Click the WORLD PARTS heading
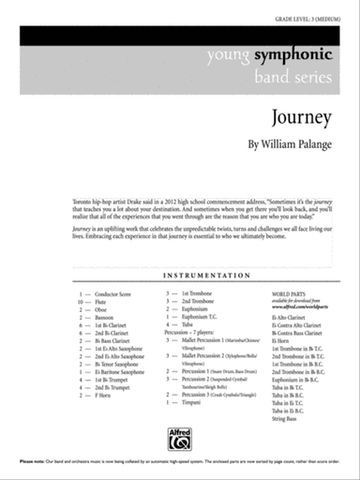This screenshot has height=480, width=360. [289, 293]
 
